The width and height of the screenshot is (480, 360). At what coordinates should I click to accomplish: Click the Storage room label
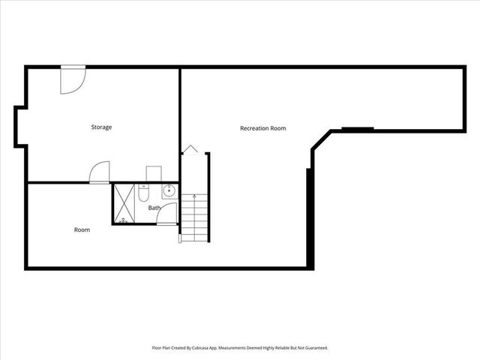click(101, 127)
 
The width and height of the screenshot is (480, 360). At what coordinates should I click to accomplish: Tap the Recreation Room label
click(262, 128)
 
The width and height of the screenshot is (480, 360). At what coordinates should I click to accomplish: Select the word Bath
click(154, 208)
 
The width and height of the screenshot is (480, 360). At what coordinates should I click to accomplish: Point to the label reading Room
click(82, 229)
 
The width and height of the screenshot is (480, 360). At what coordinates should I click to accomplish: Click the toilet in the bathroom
click(144, 193)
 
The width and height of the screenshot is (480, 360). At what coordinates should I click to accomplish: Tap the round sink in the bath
click(170, 190)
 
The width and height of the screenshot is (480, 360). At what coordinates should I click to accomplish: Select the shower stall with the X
click(124, 202)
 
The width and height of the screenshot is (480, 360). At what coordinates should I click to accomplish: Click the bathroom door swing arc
click(169, 212)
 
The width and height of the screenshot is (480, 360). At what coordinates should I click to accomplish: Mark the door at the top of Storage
click(73, 79)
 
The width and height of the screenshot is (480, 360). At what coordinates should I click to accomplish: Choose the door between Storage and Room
click(99, 173)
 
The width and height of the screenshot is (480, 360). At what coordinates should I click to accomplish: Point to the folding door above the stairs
click(190, 149)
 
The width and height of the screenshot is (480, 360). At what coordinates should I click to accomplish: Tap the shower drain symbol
click(124, 220)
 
